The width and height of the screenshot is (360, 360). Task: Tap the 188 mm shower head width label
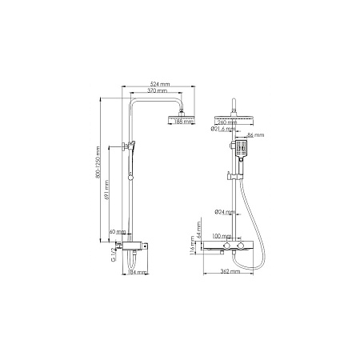pyautogui.click(x=182, y=122)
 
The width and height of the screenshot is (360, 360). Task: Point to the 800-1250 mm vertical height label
pyautogui.click(x=95, y=166)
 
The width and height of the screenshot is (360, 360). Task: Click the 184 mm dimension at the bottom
pyautogui.click(x=139, y=273)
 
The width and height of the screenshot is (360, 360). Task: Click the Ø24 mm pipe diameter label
pyautogui.click(x=225, y=212)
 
